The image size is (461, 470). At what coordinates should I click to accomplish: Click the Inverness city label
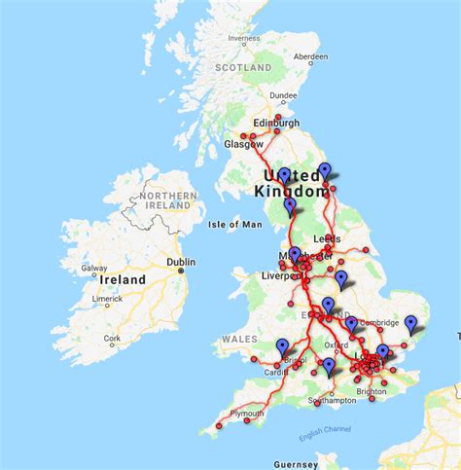point(244,39)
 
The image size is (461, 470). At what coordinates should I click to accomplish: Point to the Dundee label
point(284,95)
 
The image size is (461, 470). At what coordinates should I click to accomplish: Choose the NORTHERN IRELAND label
point(168,200)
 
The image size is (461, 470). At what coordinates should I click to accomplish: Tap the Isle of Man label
point(235,225)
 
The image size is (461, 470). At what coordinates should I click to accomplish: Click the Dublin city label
point(180,262)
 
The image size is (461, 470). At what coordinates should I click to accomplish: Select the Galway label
point(94,269)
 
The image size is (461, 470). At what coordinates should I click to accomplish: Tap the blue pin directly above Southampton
point(330,366)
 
